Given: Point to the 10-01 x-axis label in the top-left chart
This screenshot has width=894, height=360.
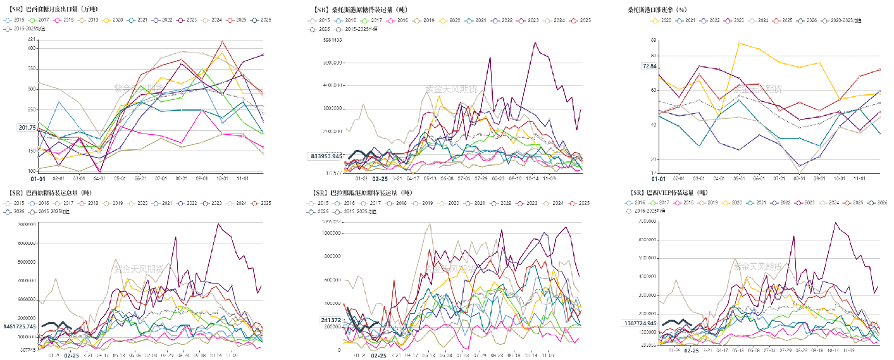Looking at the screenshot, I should click(221, 179).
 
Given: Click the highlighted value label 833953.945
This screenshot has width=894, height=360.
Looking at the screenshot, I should click(326, 156).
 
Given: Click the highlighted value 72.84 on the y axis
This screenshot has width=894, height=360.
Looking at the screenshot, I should click(650, 66).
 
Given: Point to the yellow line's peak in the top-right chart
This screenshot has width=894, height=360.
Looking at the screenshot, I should click(739, 42).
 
